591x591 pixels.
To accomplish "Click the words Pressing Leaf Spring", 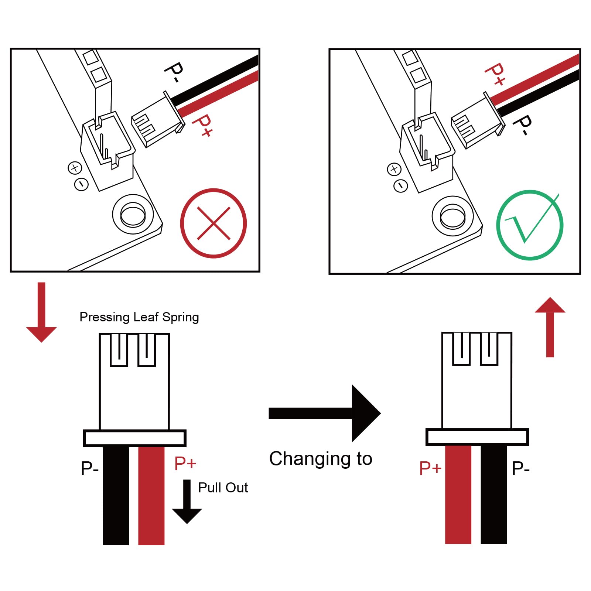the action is click(139, 317).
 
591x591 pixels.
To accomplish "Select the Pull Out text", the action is click(223, 488).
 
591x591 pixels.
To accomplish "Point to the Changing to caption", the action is click(321, 459).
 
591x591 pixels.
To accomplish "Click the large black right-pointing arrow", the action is click(325, 413).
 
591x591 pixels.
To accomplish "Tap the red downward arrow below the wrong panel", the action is click(41, 312).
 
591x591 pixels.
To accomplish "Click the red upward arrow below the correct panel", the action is click(550, 327).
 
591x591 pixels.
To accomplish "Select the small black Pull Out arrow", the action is click(187, 501).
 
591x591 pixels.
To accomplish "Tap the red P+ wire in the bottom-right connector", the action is click(458, 495).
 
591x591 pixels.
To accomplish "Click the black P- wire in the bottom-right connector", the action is click(494, 495).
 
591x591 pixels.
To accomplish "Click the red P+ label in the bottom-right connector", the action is click(430, 468).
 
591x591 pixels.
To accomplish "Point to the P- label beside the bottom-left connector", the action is click(90, 468).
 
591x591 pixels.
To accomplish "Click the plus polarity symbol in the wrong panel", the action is click(75, 168).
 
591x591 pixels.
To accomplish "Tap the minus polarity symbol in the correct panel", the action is click(400, 185).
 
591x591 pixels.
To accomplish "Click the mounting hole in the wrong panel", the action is click(133, 215).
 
